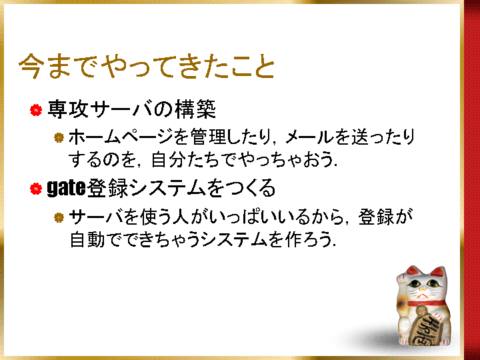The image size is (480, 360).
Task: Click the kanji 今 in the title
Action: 30,67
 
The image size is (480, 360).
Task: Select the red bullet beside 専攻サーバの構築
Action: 36,110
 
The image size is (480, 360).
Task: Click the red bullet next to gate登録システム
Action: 36,189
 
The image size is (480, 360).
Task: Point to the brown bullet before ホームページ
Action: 59,137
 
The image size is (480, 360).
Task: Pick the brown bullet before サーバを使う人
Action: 59,217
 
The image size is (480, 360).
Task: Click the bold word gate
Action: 66,189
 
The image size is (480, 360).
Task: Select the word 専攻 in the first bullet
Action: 67,109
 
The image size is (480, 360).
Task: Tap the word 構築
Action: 195,109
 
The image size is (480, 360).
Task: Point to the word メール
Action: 309,137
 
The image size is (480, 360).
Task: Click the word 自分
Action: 169,159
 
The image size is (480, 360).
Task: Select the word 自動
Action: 87,239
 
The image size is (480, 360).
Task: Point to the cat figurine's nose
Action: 423,289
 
